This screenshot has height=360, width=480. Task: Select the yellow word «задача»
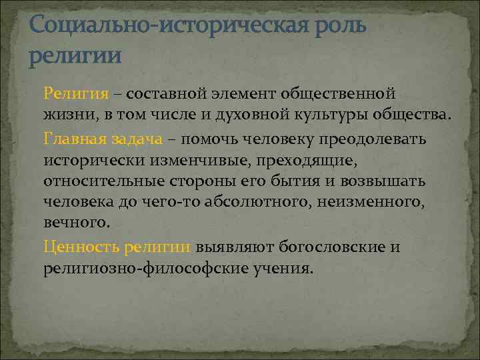pyautogui.click(x=137, y=139)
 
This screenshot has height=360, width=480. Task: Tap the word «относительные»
pyautogui.click(x=89, y=182)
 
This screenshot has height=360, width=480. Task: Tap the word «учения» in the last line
pyautogui.click(x=282, y=269)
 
